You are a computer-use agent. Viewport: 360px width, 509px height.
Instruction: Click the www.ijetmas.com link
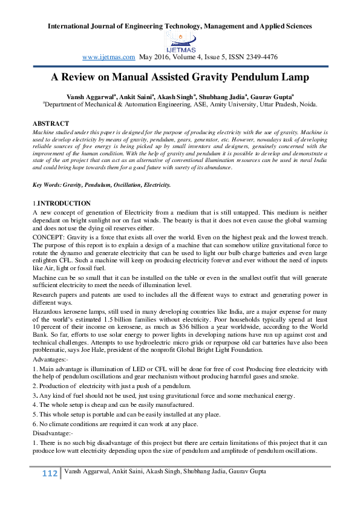click(108, 57)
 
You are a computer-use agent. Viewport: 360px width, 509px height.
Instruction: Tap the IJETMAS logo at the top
click(180, 42)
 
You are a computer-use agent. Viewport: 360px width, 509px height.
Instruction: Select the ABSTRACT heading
click(51, 123)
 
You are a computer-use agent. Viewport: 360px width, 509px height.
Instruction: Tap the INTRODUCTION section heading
click(64, 203)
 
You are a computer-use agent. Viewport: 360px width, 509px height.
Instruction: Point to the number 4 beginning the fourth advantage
click(34, 404)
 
